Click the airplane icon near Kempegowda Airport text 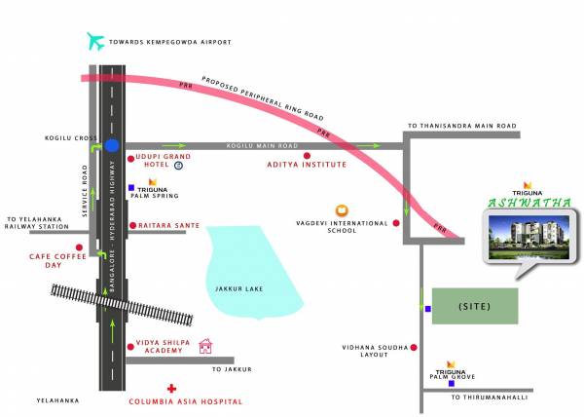click(95, 41)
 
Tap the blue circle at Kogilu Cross click(113, 146)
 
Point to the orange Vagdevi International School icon click(342, 209)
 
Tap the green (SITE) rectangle click(475, 307)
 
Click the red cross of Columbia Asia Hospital click(171, 389)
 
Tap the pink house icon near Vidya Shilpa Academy click(205, 346)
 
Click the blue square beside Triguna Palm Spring click(130, 186)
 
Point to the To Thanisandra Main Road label click(461, 127)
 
